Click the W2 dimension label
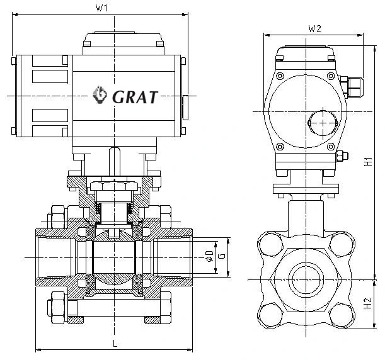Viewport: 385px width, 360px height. (315, 29)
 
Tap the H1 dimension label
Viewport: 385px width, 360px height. (368, 162)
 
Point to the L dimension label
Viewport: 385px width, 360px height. (114, 343)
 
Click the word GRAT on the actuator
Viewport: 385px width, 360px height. (135, 96)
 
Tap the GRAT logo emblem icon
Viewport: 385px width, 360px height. (100, 96)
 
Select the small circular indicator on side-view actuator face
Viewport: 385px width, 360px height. (321, 120)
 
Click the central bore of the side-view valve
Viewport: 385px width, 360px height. (306, 276)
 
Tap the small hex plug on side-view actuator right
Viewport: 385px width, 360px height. (343, 157)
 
